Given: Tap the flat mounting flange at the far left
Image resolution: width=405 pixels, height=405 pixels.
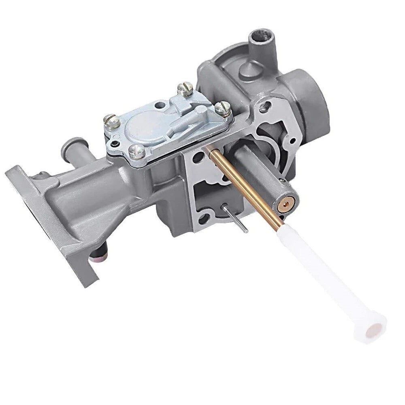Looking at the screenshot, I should click(x=53, y=227).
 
